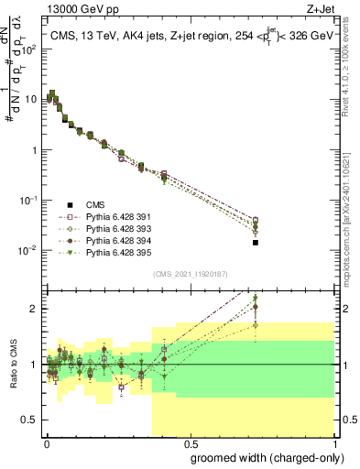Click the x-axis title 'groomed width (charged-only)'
261,457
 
